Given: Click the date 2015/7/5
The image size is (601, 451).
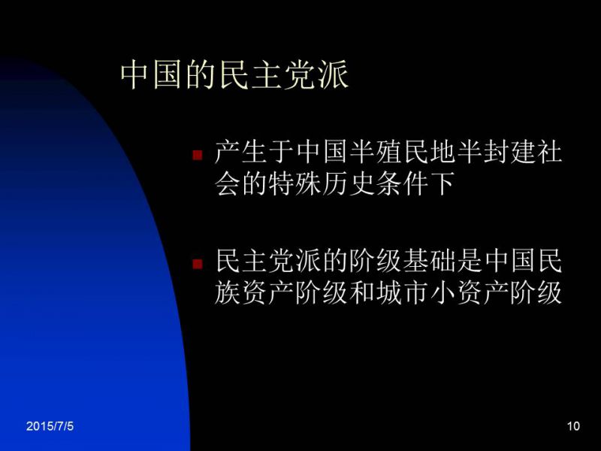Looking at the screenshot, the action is click(50, 426).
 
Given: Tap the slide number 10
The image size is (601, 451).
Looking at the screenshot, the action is click(573, 426).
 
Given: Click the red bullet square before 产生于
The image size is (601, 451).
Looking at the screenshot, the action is click(198, 155).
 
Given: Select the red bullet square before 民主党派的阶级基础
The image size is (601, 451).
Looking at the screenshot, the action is click(198, 264).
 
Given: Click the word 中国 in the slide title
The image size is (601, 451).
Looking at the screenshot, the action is click(151, 74).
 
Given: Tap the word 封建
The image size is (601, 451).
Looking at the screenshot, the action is click(509, 152).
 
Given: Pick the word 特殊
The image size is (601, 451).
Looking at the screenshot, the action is click(294, 183).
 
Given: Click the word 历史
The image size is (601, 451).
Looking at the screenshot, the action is click(348, 183).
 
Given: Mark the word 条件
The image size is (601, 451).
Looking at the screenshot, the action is click(402, 183).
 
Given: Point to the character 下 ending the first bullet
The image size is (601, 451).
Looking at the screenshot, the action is click(442, 183).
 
